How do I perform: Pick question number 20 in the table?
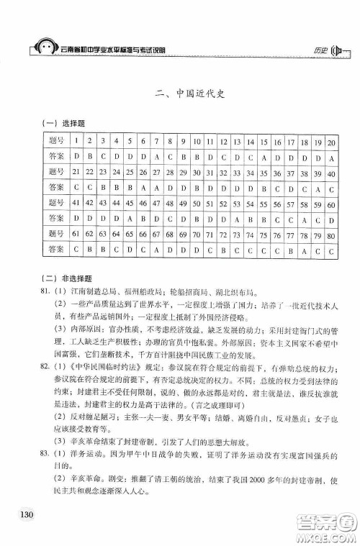click(x=331, y=141)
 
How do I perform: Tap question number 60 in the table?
click(x=331, y=204)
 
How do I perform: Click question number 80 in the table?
click(x=331, y=235)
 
